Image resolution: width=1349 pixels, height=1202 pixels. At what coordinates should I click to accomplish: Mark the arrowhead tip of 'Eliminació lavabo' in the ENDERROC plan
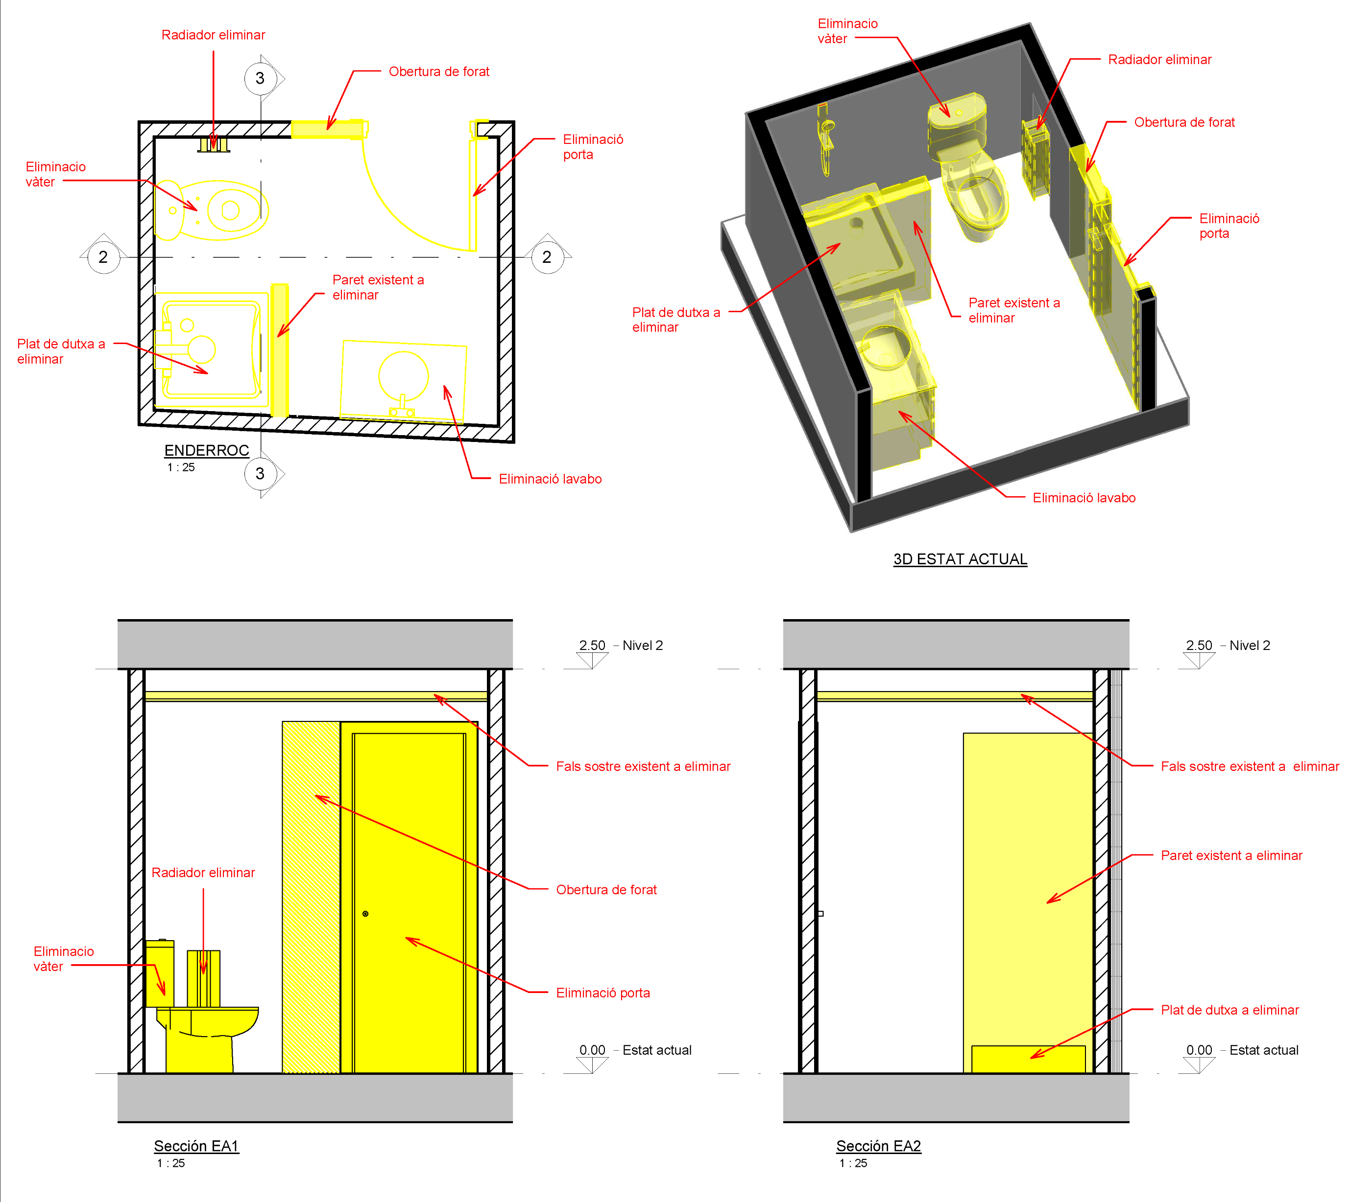[445, 386]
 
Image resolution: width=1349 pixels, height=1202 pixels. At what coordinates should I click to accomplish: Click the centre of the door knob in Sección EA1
[365, 914]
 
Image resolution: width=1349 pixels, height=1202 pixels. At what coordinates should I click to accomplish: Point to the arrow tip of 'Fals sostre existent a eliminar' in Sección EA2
[1021, 695]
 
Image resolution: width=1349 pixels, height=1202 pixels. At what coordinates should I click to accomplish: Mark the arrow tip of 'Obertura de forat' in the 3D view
[1087, 172]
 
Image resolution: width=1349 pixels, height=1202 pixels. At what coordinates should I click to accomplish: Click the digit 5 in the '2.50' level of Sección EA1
[593, 645]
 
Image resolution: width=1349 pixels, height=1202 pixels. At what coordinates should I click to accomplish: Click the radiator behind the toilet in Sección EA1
[204, 978]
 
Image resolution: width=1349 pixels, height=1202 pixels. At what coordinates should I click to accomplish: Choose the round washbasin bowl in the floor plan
[403, 376]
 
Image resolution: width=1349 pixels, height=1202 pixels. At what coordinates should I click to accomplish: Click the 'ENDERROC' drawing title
[207, 450]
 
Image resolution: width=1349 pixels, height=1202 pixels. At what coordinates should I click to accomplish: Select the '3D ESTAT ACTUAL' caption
[961, 559]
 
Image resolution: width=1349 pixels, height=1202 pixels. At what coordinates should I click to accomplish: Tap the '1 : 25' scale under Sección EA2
[853, 1163]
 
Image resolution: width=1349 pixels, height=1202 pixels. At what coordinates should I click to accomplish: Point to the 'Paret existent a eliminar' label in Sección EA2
[1231, 855]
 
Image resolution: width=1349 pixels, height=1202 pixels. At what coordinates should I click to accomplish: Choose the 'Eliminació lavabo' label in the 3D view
[1084, 498]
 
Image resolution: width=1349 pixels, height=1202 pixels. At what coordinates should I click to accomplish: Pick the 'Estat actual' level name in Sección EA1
[657, 1050]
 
